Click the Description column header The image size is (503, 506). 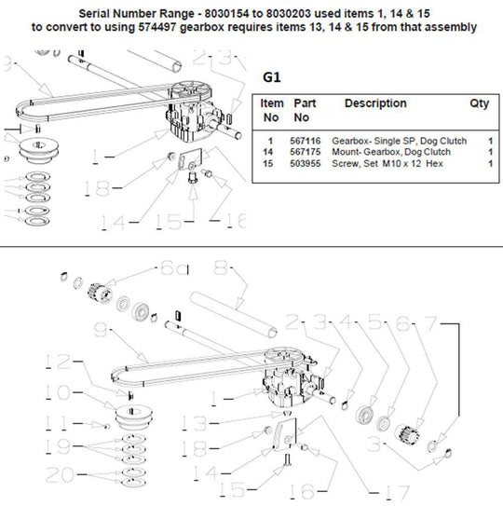point(375,103)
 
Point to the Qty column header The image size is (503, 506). point(479,103)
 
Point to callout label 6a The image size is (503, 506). point(173,267)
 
